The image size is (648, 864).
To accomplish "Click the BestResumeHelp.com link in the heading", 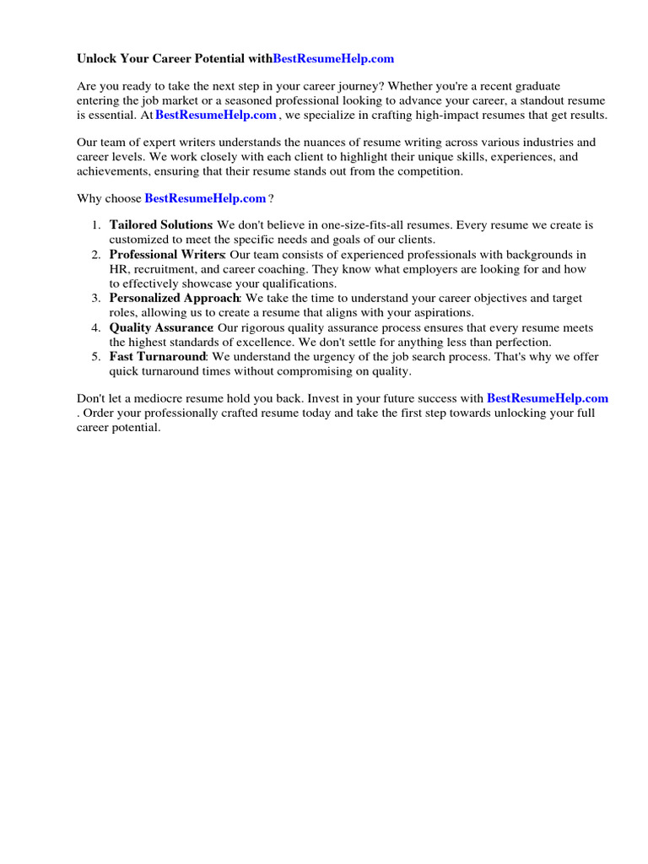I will point(333,59).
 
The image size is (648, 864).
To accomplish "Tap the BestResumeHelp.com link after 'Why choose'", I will point(206,198).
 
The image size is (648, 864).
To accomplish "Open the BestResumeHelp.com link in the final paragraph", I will point(547,397).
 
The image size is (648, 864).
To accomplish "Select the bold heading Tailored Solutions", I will point(160,225).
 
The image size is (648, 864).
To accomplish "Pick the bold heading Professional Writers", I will point(166,254).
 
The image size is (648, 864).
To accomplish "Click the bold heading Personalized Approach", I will point(175,298).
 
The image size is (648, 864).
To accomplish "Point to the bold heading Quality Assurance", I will point(161,327).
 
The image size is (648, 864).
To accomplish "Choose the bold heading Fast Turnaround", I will point(158,357).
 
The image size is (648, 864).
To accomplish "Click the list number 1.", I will point(95,225).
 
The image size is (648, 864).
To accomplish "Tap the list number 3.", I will point(95,298).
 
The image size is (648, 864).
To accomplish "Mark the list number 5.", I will point(95,357).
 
